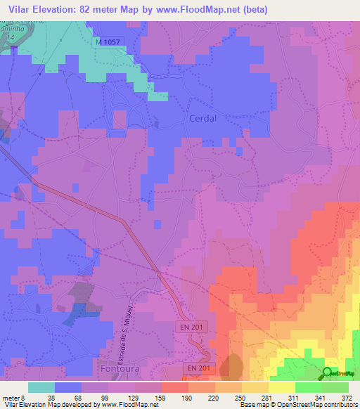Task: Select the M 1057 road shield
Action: [109, 42]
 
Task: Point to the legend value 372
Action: [347, 397]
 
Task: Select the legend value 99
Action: [95, 397]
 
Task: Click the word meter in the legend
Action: [12, 397]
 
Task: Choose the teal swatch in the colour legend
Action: [41, 387]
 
